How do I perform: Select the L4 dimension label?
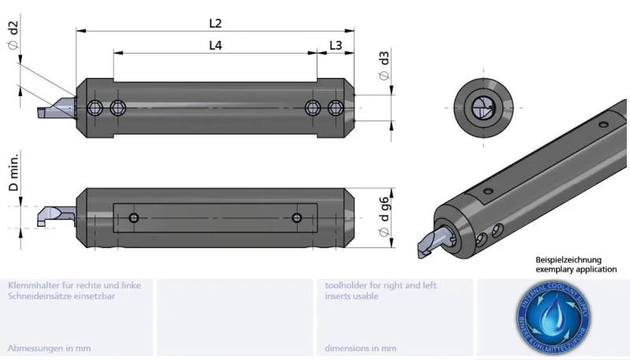click(x=215, y=46)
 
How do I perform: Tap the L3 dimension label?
click(x=335, y=46)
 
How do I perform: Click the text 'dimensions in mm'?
click(x=361, y=347)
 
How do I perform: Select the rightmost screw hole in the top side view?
click(x=336, y=107)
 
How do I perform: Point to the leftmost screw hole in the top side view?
click(x=96, y=107)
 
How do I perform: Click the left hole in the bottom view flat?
click(x=135, y=217)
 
